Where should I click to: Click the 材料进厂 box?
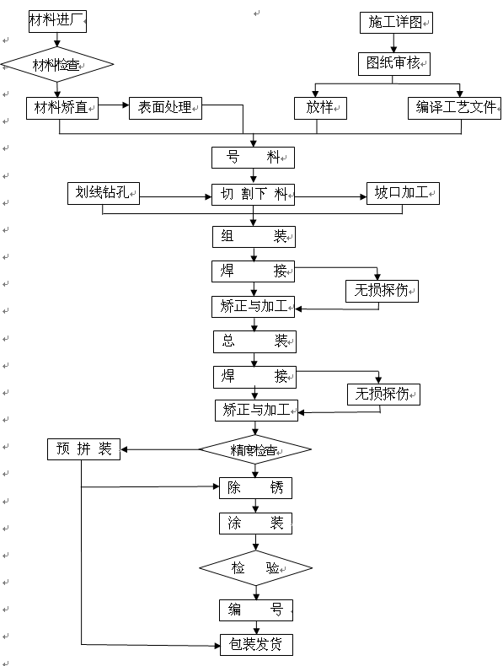coord(56,20)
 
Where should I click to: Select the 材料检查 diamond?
coord(56,63)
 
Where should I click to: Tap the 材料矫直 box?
coord(62,108)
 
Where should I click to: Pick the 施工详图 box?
coord(395,23)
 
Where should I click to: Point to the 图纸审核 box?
coord(393,63)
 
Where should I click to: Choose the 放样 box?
coord(320,108)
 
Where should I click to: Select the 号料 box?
coord(253,157)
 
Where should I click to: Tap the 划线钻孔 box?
coord(104,194)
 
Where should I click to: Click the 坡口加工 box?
coord(402,194)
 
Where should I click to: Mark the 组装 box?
coord(253,237)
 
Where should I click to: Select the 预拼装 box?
coord(83,448)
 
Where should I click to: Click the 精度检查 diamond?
coord(254,449)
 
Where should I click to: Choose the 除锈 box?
coord(254,488)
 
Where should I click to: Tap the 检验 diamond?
coord(255,567)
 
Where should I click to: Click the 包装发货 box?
coord(256,646)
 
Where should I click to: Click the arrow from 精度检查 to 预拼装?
coord(160,448)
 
